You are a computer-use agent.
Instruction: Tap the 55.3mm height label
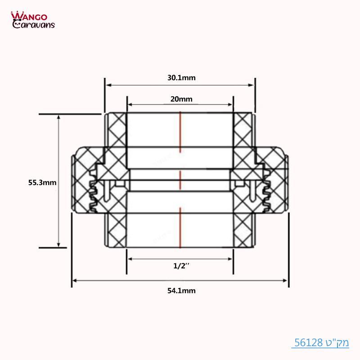click(x=42, y=183)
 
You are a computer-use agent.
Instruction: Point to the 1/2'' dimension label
click(x=181, y=266)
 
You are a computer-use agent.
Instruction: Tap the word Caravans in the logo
click(x=34, y=25)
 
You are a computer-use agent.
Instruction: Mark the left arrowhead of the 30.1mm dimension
click(x=108, y=85)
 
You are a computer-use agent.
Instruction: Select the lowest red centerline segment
click(x=180, y=227)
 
